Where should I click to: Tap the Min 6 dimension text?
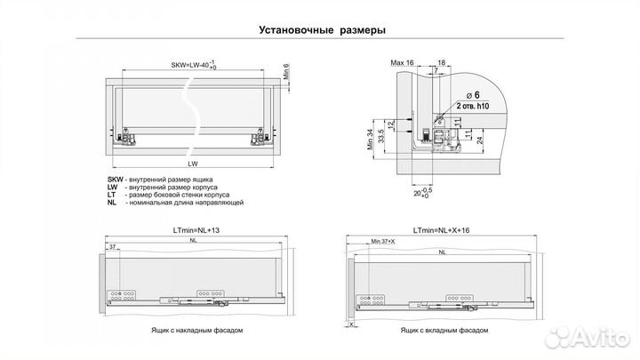pyautogui.click(x=287, y=72)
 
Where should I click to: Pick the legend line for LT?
pyautogui.click(x=174, y=195)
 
